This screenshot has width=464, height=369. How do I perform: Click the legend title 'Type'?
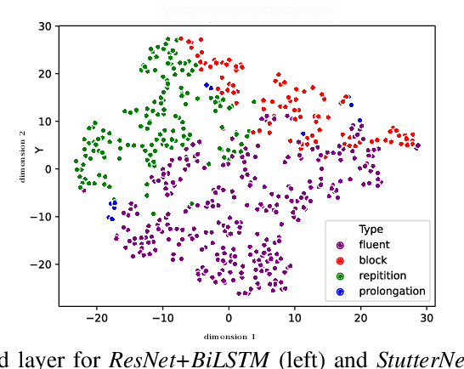[x=371, y=229]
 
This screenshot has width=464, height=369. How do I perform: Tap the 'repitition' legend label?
[x=382, y=275]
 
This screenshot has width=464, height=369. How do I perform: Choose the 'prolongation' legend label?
[x=392, y=291]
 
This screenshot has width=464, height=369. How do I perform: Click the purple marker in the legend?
[x=340, y=245]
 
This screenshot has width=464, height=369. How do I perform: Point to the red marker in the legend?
[x=340, y=260]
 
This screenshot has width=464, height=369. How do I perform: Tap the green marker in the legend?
[x=340, y=275]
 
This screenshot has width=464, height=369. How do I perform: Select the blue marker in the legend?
[x=340, y=291]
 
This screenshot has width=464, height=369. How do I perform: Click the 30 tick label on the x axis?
[x=427, y=317]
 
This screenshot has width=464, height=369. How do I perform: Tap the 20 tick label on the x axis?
[x=361, y=317]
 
